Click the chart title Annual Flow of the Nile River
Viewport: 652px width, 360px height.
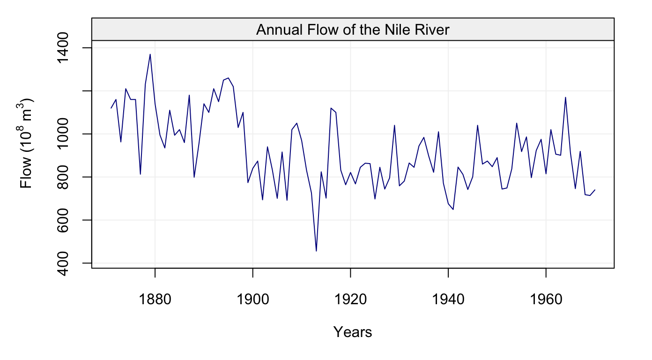coord(352,30)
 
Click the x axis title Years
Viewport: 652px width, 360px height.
coord(352,332)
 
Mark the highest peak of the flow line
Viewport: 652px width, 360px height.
coord(150,54)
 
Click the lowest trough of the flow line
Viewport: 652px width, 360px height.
coord(316,251)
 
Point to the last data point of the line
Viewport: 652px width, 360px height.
coord(595,190)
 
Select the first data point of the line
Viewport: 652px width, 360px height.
coord(111,108)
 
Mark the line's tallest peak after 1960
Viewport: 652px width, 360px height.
coord(566,97)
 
